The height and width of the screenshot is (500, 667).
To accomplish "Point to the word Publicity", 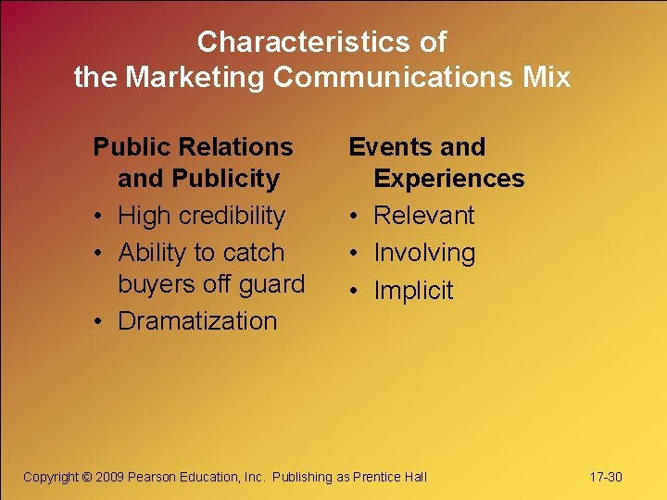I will pos(225,178).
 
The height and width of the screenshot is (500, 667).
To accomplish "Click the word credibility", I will pos(230,216).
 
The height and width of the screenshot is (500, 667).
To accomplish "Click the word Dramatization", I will pos(197,321).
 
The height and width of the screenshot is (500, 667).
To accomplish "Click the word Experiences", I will pos(448,178).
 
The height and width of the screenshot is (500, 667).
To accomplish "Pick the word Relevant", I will pos(423,216).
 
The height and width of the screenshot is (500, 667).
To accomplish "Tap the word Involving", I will pos(424,253).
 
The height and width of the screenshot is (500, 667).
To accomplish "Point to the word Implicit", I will pos(413,291).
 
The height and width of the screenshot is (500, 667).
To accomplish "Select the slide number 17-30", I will pos(606,477).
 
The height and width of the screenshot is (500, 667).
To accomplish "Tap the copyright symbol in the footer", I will pos(86,477).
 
